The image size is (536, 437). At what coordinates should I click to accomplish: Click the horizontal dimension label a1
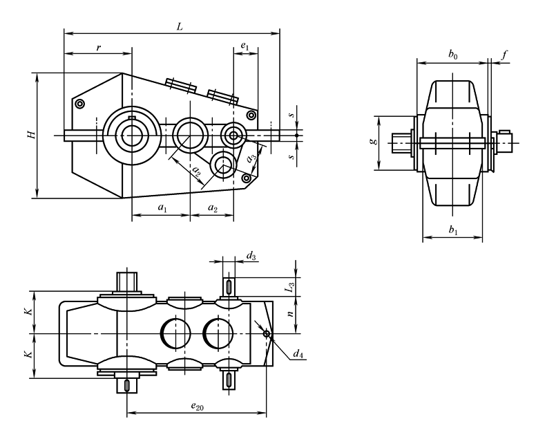click(160, 207)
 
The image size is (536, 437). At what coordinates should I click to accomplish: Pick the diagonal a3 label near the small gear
click(252, 158)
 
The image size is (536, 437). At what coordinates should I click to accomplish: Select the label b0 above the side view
click(452, 54)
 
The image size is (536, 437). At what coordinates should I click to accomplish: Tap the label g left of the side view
click(374, 142)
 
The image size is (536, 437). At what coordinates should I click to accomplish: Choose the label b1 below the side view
click(453, 232)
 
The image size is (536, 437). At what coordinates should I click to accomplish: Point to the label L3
click(291, 283)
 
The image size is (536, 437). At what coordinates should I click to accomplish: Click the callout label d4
click(298, 355)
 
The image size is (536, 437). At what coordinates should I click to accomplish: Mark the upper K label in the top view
click(28, 312)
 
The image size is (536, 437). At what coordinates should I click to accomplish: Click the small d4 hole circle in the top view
click(267, 334)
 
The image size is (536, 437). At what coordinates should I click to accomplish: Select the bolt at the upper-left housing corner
click(81, 104)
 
